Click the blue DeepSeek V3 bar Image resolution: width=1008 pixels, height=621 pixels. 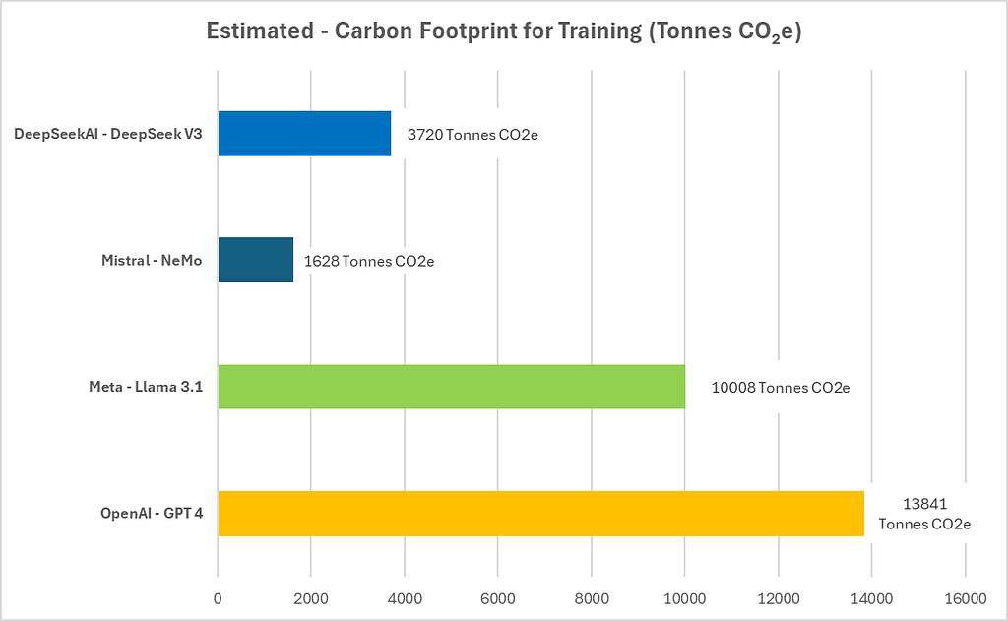(304, 134)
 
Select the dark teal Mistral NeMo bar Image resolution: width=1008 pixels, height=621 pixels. (256, 260)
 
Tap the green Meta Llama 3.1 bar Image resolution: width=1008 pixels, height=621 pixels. (451, 387)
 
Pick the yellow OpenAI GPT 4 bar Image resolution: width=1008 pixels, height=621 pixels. (540, 513)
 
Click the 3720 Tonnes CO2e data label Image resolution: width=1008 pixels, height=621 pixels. (472, 135)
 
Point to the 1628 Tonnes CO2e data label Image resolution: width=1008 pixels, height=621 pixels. (369, 261)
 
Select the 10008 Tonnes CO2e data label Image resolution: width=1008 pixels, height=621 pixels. (781, 388)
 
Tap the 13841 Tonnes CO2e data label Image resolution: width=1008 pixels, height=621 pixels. (924, 514)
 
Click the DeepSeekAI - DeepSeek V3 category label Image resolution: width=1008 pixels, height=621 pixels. (108, 134)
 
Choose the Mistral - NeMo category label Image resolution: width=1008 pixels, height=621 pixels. (152, 261)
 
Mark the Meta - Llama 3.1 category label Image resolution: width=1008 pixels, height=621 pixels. (146, 387)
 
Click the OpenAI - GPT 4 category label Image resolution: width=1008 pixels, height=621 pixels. (152, 513)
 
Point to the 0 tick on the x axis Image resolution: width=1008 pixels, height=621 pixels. (218, 599)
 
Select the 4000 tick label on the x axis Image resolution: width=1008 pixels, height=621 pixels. (405, 599)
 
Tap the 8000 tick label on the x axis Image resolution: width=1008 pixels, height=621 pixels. (592, 599)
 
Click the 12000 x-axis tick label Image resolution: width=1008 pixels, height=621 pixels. (779, 599)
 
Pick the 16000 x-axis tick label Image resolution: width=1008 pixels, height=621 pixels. (966, 599)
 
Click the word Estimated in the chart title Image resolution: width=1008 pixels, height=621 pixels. (260, 31)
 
